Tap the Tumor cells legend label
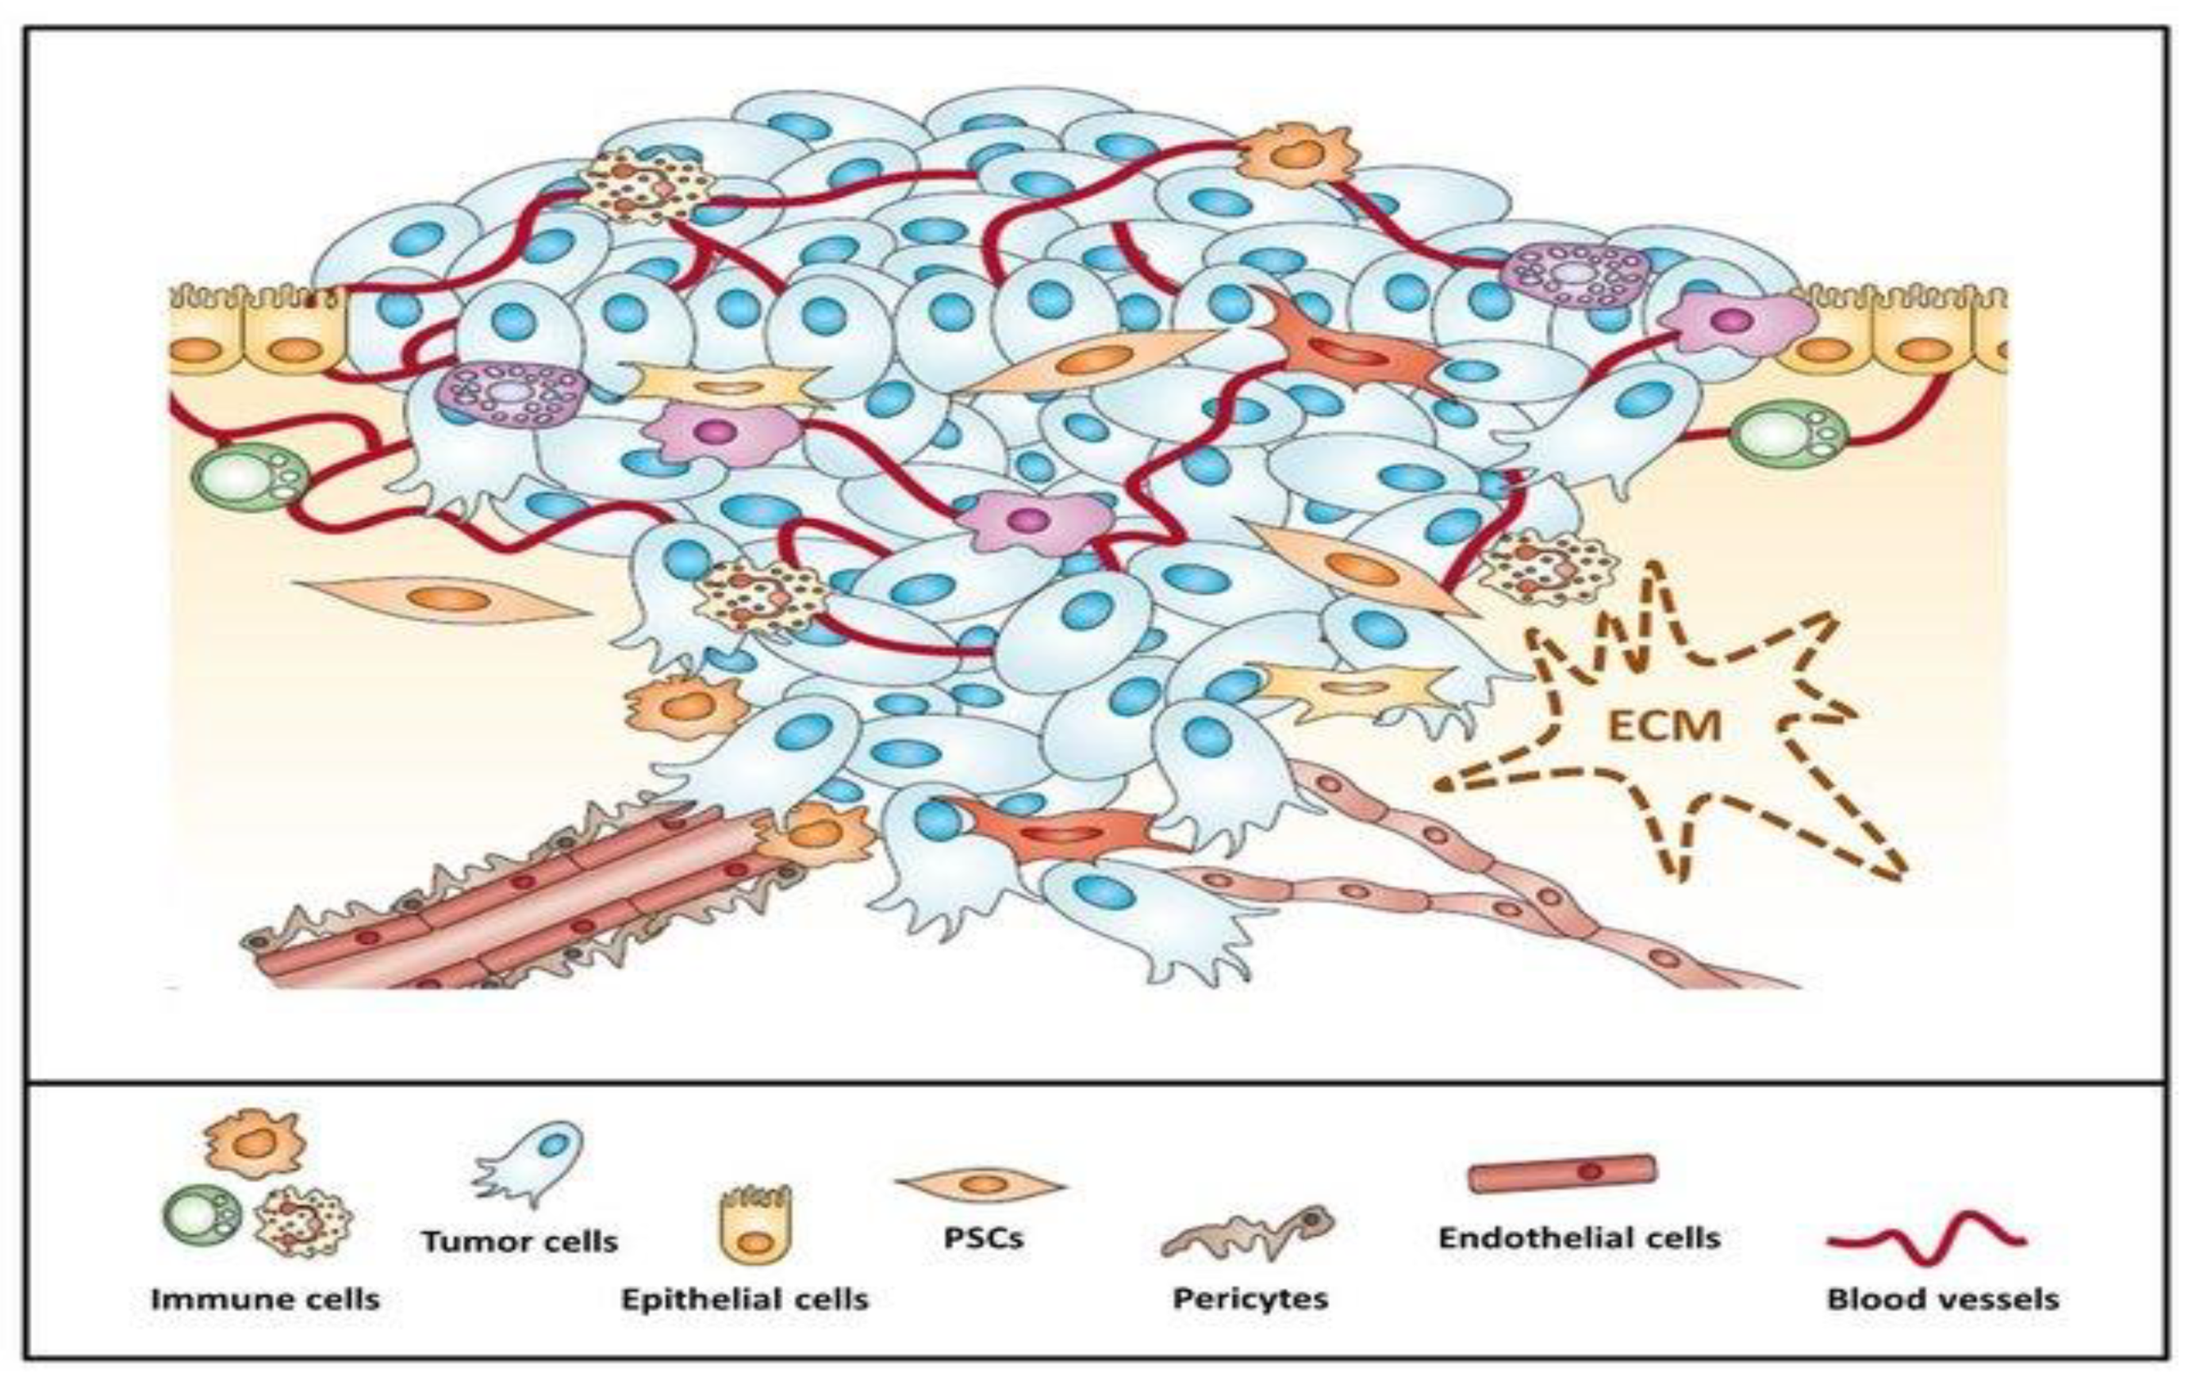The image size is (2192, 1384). pyautogui.click(x=520, y=1242)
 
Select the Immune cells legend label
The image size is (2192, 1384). pyautogui.click(x=265, y=1298)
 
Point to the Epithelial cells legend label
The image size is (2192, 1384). pyautogui.click(x=745, y=1298)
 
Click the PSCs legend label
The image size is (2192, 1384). pyautogui.click(x=983, y=1238)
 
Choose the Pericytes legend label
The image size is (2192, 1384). pyautogui.click(x=1250, y=1298)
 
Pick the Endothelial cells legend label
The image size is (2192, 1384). pyautogui.click(x=1580, y=1238)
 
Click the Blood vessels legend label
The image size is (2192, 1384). pyautogui.click(x=1943, y=1298)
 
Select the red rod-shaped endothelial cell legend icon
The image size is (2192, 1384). pyautogui.click(x=1563, y=1173)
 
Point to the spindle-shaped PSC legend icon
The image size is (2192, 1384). pyautogui.click(x=981, y=1185)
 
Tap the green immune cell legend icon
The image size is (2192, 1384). pyautogui.click(x=203, y=1217)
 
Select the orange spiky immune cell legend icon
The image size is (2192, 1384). pyautogui.click(x=255, y=1144)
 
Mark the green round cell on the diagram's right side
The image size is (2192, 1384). pyautogui.click(x=1788, y=435)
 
